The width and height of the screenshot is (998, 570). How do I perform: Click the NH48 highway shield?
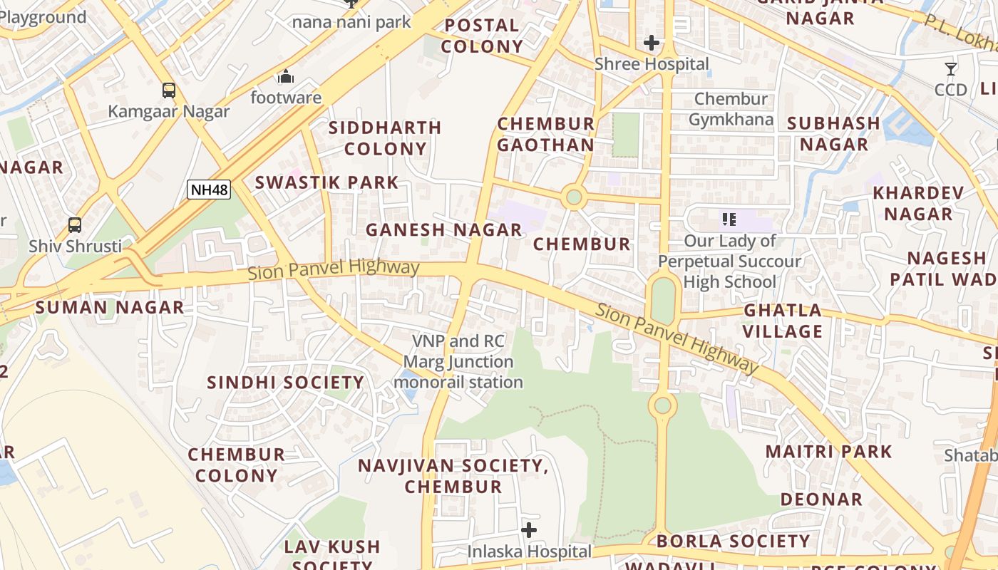coord(209,190)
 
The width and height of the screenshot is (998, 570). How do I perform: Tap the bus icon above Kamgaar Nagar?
coord(169,90)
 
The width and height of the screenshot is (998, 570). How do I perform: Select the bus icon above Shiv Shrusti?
coord(75,225)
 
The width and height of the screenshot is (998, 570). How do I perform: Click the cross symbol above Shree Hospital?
coord(651,43)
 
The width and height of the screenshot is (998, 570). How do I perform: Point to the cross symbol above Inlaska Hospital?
coord(529,530)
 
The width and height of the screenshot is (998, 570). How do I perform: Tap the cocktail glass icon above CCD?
coord(951,69)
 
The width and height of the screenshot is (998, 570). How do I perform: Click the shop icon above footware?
coord(286,76)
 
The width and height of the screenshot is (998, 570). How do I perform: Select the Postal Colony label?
coord(481,36)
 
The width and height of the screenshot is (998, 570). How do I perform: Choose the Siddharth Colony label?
coord(385,138)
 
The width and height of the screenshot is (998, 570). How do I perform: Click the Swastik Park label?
coord(326,182)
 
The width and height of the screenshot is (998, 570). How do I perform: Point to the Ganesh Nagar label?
coord(443,230)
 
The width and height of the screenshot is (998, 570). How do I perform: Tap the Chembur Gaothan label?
coord(545,134)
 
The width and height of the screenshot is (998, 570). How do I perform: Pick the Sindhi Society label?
coord(285,383)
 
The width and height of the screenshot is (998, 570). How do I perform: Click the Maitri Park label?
coord(828,452)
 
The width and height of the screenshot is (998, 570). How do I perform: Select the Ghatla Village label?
coord(783,321)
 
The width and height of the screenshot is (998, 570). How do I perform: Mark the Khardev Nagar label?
coord(918,203)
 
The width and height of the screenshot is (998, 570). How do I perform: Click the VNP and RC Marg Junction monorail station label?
coord(458,362)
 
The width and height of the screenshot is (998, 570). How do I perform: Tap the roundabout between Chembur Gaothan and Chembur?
coord(573,197)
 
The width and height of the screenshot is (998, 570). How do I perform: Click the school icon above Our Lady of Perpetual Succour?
coord(729,219)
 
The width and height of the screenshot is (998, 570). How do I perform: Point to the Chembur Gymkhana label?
coord(731,109)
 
